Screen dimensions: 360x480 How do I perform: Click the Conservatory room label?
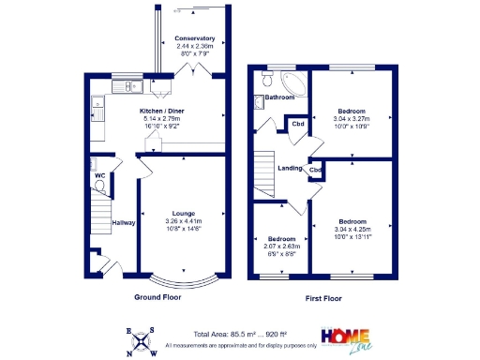pyautogui.click(x=194, y=38)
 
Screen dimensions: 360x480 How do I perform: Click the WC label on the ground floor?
pyautogui.click(x=98, y=175)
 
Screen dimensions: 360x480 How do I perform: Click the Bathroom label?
pyautogui.click(x=279, y=97)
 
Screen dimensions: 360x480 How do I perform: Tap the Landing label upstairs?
pyautogui.click(x=290, y=168)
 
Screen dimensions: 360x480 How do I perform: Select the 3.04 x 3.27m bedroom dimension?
pyautogui.click(x=352, y=119)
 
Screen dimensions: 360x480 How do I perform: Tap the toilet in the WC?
pyautogui.click(x=100, y=185)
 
